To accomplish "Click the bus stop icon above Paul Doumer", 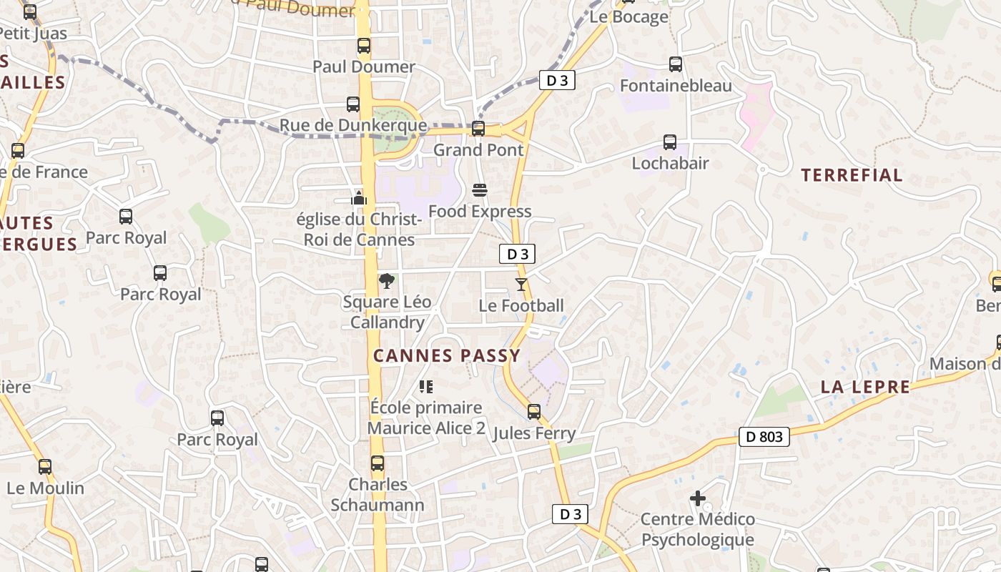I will [364, 46].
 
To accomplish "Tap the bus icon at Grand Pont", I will [478, 129].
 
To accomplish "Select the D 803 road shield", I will [764, 436].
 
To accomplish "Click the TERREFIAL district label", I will [852, 175].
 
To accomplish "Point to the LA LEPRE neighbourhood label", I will [865, 387].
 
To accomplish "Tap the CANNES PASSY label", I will [447, 355].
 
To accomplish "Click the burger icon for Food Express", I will [480, 190].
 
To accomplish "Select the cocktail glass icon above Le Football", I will [521, 285].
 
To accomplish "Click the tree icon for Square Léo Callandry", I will [387, 280].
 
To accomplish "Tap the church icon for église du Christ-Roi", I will [359, 197].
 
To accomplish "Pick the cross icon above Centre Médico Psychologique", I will [698, 498].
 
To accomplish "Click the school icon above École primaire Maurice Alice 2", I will [426, 387].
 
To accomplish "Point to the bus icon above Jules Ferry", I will [534, 412].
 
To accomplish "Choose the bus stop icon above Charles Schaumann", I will [378, 463].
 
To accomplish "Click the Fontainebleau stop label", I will [676, 86].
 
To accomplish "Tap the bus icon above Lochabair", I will [670, 142].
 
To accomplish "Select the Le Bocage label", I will [628, 17].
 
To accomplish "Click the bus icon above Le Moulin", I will [45, 467].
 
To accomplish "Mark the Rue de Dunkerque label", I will [352, 126].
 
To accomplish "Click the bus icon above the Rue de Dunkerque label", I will [353, 104].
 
